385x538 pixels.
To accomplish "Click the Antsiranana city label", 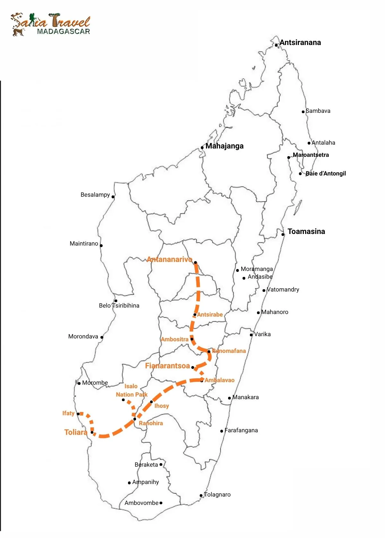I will coord(300,42).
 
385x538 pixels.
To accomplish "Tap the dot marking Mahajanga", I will coord(202,148).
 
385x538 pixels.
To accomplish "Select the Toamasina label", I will coord(306,231).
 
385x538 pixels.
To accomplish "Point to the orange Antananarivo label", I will coord(169,259).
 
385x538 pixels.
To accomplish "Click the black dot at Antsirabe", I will coord(195,315).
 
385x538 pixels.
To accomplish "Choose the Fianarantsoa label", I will coord(167,366).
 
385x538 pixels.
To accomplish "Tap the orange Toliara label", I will coord(76,432).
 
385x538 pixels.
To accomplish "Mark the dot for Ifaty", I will coord(78,414).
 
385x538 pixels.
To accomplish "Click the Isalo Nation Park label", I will coord(132,390).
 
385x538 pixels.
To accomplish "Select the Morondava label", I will coord(83,336).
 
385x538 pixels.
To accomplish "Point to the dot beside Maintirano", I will coord(101,246).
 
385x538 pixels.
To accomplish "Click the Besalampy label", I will coord(95,195).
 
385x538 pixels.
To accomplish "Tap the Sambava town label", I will coord(318,111).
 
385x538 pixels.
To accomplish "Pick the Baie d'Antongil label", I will coord(326,174).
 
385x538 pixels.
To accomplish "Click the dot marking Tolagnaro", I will coord(201,495).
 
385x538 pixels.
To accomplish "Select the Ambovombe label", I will coord(141,503).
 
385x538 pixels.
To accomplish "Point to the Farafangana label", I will coord(241,430).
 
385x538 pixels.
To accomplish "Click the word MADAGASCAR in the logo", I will coord(63,31).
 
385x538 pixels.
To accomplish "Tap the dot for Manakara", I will coord(229,398).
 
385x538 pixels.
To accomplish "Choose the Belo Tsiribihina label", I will coord(119,306).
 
